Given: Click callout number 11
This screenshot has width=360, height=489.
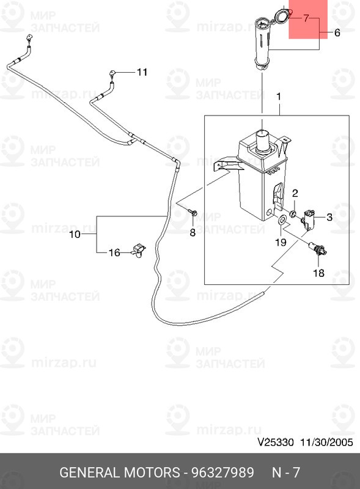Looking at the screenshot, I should pos(142,72).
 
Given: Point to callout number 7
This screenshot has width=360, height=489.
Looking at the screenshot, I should pos(306,19).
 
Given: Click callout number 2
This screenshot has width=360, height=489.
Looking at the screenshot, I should pos(295,193).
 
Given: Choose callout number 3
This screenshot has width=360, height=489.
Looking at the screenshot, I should pos(329,216).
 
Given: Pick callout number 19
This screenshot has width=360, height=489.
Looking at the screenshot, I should pos(279,242).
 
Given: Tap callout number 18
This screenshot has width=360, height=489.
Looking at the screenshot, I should pos(318,273).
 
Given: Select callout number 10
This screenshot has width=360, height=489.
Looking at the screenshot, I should pos(75,234).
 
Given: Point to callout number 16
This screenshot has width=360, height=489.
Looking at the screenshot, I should pos(114,252).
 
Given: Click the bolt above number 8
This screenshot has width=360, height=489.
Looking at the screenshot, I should pos(193,213).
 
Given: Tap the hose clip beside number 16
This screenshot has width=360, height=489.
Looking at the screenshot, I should pos(139,251).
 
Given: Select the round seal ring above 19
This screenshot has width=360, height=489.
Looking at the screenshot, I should pos(283,219).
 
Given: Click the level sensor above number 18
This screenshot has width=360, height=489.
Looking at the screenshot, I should pos(318,249).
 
